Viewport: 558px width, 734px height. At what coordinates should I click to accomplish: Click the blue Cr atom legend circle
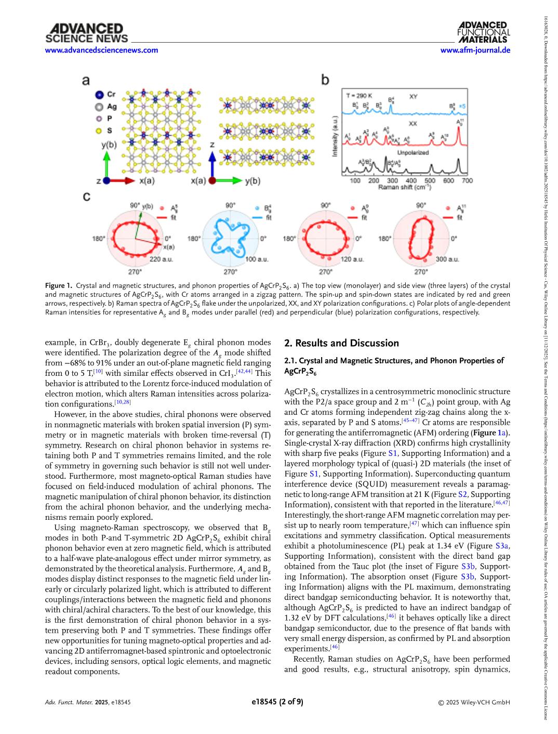pos(99,95)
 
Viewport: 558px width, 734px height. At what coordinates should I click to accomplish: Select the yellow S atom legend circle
pos(99,130)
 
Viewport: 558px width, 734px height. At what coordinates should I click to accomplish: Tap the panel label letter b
pos(325,80)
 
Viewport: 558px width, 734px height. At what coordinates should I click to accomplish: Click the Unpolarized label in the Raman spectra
pos(413,152)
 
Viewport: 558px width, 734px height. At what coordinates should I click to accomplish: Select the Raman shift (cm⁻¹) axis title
pos(404,187)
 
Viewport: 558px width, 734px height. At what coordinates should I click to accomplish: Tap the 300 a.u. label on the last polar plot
pos(447,259)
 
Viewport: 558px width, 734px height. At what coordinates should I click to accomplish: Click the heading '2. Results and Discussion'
pos(341,343)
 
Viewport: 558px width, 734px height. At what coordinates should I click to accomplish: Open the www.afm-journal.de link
pos(475,50)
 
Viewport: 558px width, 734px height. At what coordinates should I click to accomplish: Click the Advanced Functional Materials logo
pos(483,32)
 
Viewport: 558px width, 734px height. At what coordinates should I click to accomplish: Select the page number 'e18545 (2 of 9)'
pos(277,702)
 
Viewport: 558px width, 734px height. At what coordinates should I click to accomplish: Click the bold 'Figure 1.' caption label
pos(58,285)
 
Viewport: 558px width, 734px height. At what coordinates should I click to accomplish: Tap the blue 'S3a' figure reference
pos(502,546)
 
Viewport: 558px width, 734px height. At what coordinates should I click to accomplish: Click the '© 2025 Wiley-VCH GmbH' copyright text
pos(474,702)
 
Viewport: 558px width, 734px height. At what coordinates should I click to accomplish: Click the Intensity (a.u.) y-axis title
pos(335,136)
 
